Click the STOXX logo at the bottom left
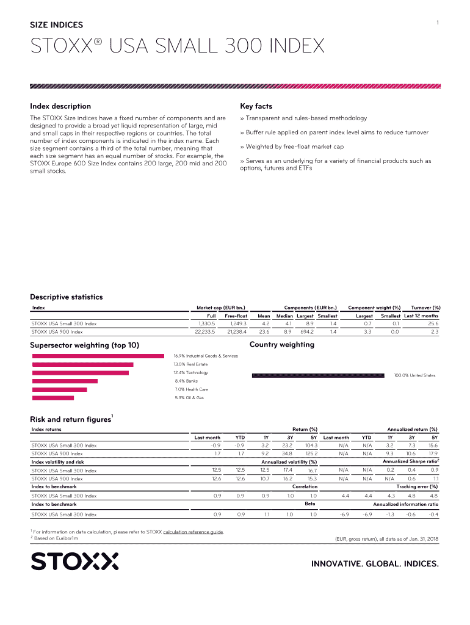point(74,562)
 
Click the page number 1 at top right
point(438,23)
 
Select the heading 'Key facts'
point(256,106)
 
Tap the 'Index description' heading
point(60,106)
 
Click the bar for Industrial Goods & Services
point(98,356)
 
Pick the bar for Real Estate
point(82,364)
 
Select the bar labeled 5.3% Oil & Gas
point(53,398)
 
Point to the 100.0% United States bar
point(318,375)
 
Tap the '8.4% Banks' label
point(186,381)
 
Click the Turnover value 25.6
point(433,323)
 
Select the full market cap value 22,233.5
point(203,331)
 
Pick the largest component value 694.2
point(306,331)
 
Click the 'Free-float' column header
point(236,316)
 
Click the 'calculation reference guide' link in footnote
point(193,532)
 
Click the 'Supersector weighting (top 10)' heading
point(84,345)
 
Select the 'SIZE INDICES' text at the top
point(57,25)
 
